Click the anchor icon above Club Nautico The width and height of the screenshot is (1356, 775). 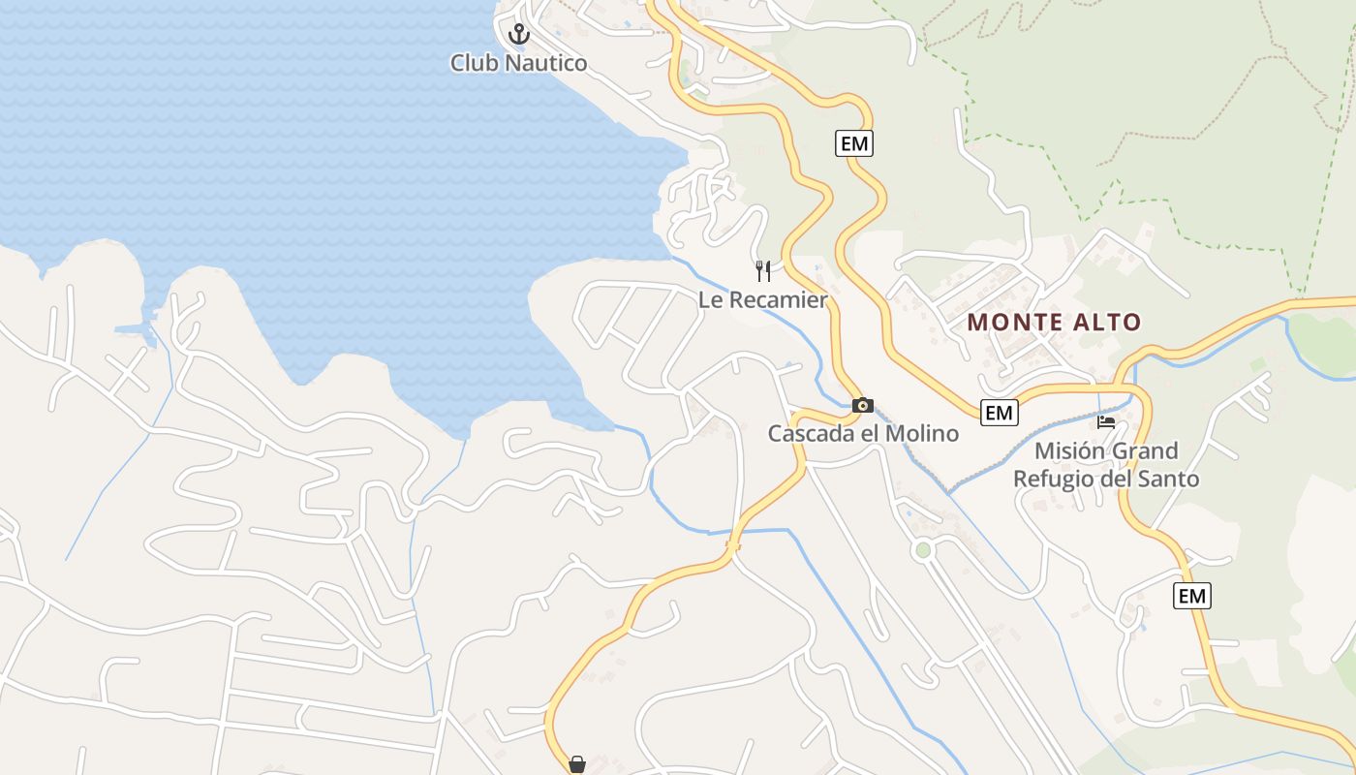520,34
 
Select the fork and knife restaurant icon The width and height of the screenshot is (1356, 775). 763,270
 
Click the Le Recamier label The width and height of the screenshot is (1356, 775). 763,300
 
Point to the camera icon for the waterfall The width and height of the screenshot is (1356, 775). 862,405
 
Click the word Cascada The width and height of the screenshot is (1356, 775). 812,433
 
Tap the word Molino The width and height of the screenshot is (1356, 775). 924,433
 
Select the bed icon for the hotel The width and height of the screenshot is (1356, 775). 1106,421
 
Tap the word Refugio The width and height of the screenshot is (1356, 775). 1050,480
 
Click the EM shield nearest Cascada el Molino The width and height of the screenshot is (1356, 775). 999,413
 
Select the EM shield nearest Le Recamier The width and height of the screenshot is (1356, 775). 853,143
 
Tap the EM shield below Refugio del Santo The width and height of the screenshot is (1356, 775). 1191,596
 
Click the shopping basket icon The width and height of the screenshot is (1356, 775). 577,764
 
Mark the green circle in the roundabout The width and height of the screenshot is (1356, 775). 922,550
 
